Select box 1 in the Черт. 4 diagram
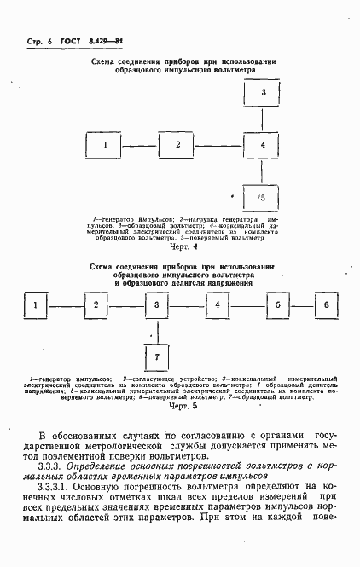(x=105, y=145)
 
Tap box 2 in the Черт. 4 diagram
(x=178, y=145)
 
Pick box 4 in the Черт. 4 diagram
(x=263, y=145)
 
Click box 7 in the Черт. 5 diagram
(x=156, y=355)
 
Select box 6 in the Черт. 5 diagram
(x=325, y=304)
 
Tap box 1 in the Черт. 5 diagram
(x=35, y=304)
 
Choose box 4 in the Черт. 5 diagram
(x=218, y=304)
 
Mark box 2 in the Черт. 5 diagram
(x=96, y=304)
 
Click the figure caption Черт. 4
(x=183, y=247)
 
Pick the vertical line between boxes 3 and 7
(x=156, y=328)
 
